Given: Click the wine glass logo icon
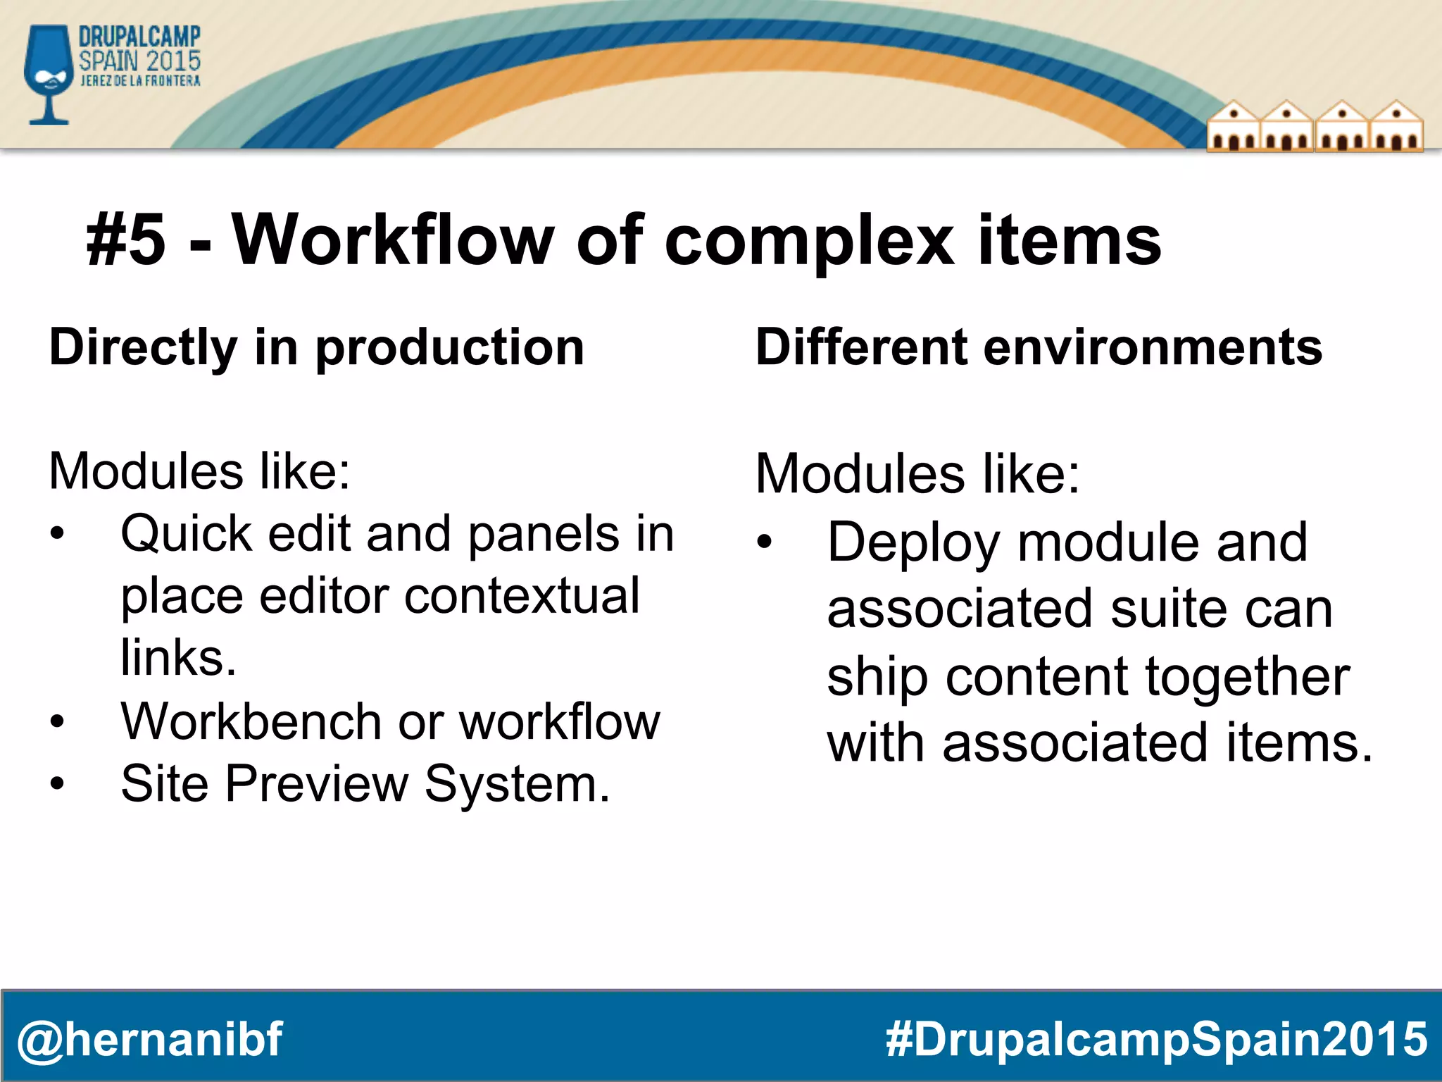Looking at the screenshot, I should coord(48,74).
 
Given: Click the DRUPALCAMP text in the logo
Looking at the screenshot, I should coord(139,37).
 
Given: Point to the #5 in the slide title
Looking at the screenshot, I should coord(126,242).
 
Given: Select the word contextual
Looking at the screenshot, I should coord(522,596).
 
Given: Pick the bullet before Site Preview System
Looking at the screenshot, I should coord(57,783).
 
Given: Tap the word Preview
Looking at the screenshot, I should coord(316,784).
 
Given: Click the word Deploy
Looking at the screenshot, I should coord(913,543).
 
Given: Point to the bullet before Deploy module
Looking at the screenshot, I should coord(765,542).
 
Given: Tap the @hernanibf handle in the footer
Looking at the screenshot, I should coord(149,1039).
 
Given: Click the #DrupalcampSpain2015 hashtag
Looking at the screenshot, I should coord(1155,1039).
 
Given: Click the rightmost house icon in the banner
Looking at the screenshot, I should coord(1396,128).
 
